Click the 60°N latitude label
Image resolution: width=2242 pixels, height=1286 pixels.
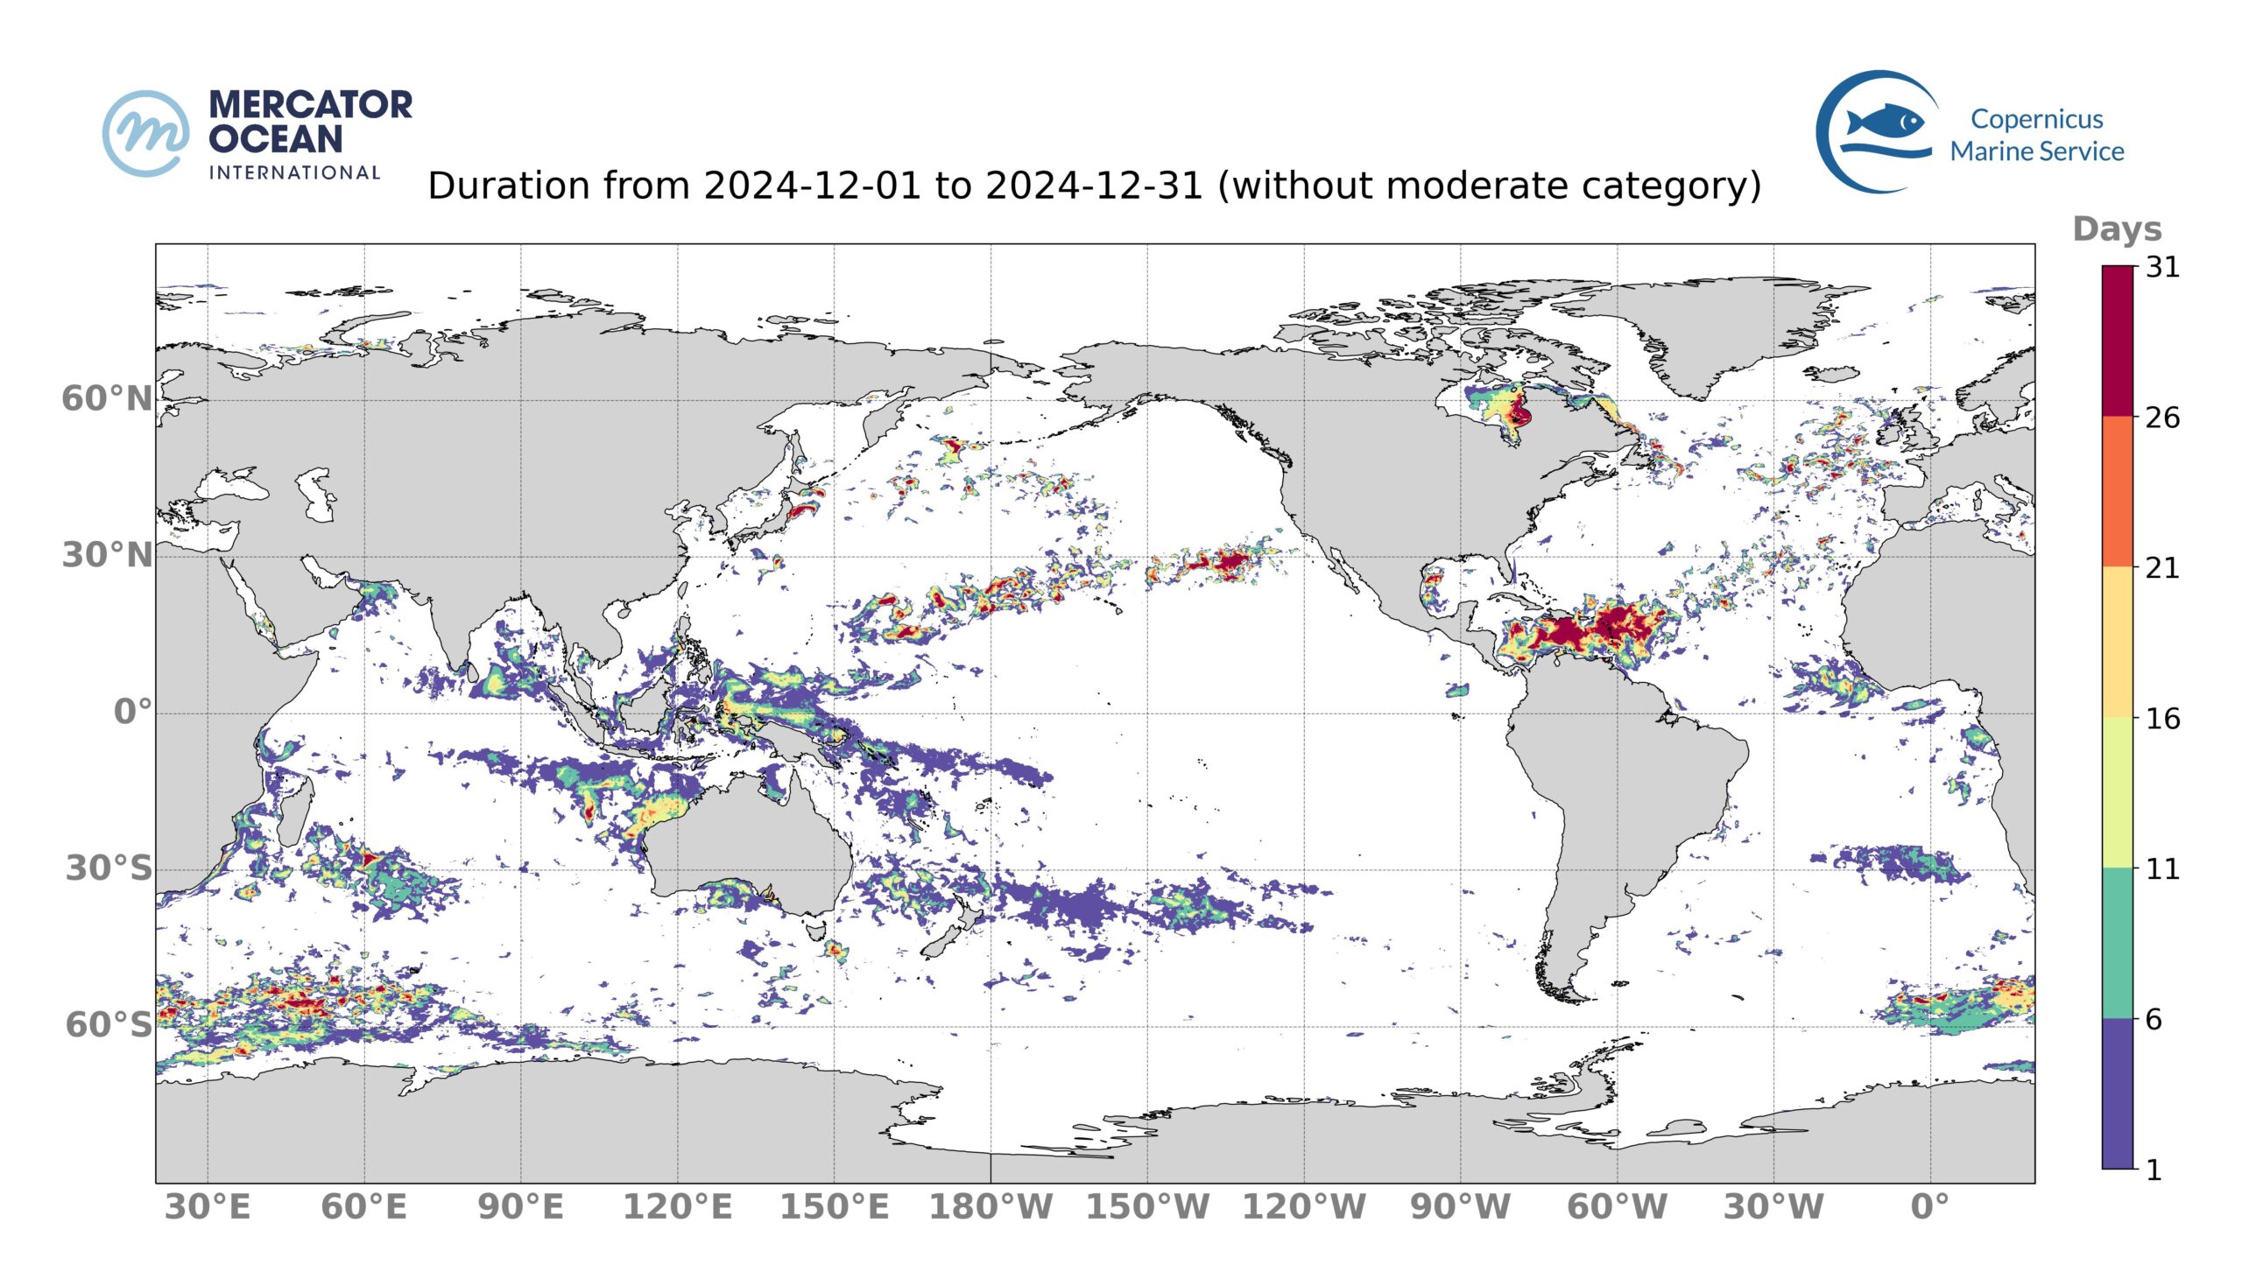107,399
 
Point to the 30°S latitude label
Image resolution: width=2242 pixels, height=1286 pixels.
109,869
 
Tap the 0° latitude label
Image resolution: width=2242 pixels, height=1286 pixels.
132,712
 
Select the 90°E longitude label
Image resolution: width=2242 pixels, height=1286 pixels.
520,1207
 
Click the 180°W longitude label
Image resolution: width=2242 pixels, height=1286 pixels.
991,1207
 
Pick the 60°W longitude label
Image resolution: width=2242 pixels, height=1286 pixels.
1617,1207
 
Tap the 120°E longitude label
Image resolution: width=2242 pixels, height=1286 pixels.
678,1207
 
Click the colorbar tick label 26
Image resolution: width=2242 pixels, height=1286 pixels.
2162,418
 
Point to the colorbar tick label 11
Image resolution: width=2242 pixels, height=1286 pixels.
2162,869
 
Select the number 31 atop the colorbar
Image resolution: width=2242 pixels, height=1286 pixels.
2162,268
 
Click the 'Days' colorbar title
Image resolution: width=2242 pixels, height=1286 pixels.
2117,229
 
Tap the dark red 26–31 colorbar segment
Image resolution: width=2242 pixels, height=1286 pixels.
2118,341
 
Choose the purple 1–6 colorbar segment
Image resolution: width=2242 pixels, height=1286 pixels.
2118,1093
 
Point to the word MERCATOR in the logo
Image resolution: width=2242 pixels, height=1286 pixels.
311,105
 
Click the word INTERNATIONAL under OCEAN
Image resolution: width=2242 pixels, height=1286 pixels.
294,172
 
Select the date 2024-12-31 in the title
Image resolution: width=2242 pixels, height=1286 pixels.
1094,186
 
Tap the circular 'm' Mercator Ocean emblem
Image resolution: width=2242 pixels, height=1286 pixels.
145,133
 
